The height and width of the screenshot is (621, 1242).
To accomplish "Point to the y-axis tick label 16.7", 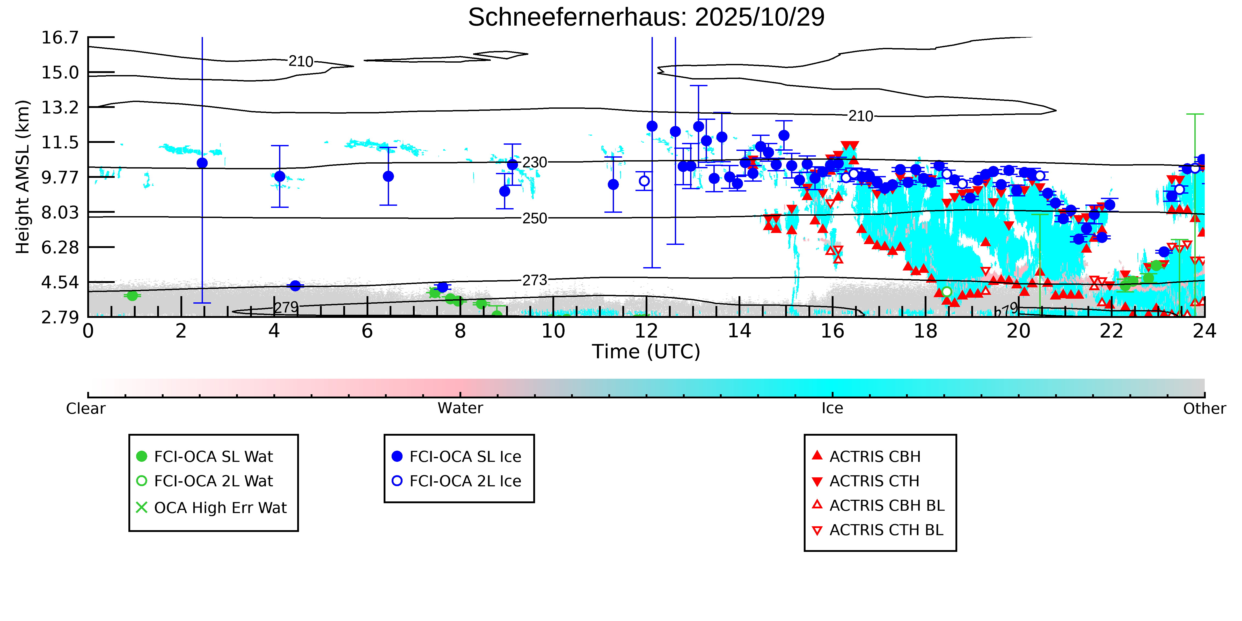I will coord(60,38).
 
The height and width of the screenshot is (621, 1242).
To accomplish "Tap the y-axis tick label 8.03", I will coord(60,212).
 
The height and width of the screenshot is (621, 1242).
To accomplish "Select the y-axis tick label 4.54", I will coord(60,282).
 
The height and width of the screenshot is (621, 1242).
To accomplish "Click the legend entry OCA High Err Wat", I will coord(220,508).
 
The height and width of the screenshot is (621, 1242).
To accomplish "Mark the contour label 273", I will coord(535,280).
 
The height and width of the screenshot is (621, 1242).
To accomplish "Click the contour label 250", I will coord(535,218).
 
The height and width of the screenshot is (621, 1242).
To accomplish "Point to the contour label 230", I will coord(535,163).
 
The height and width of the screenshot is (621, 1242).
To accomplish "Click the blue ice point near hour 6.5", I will coord(388,177).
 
